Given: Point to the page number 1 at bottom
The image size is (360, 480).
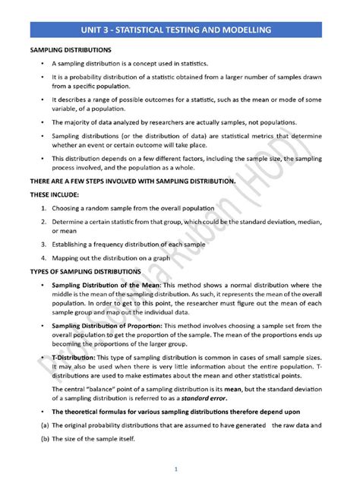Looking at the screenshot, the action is [x=177, y=469].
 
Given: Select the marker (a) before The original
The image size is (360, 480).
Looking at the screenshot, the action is [x=35, y=426].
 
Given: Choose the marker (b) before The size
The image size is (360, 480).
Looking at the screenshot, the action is [x=35, y=439].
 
